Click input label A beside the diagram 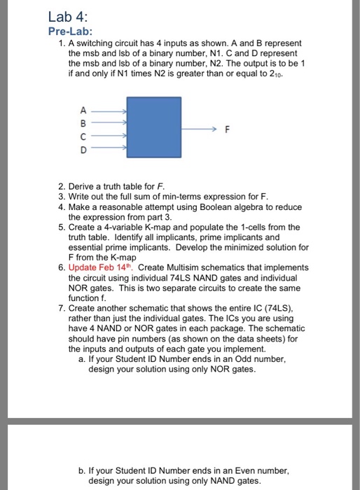click(85, 109)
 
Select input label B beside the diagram click(85, 122)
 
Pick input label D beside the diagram click(85, 148)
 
